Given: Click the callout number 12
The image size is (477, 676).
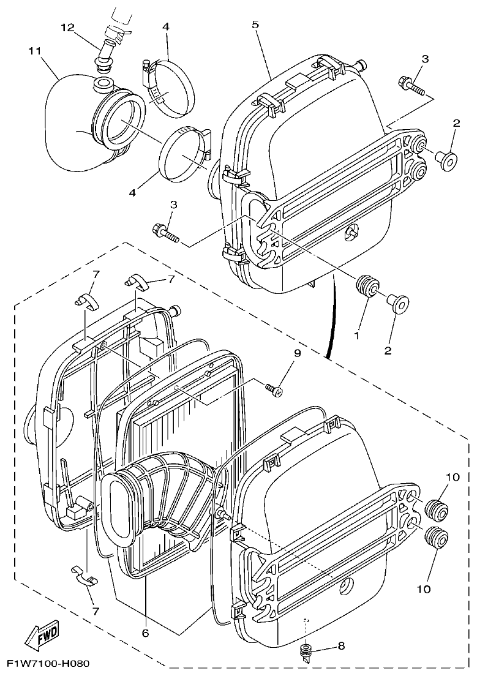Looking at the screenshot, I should point(67,28).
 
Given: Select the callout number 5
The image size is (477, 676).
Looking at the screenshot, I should point(255,24).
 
